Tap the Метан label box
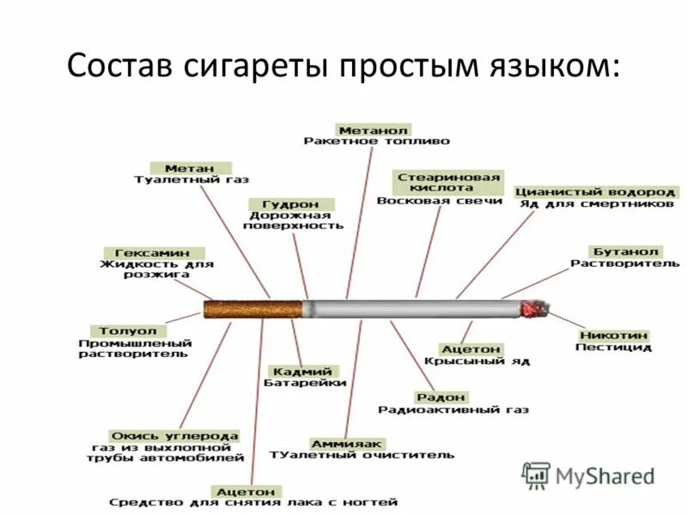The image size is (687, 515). [191, 167]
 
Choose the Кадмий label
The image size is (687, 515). [302, 371]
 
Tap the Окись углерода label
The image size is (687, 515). [175, 435]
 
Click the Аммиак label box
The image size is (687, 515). [346, 443]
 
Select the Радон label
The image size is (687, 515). [441, 397]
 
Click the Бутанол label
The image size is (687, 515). [625, 251]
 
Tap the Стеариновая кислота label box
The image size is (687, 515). [448, 181]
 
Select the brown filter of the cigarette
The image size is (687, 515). [254, 309]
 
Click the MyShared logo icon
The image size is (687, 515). [537, 475]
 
